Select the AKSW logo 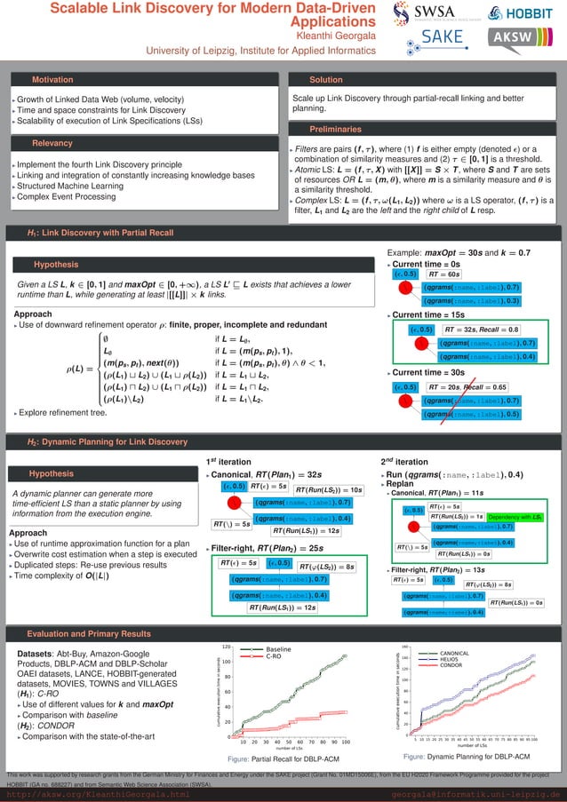[x=523, y=38]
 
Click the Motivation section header [x=52, y=80]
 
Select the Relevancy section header [x=52, y=142]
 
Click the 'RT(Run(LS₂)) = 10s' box [x=329, y=489]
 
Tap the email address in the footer [x=475, y=794]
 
